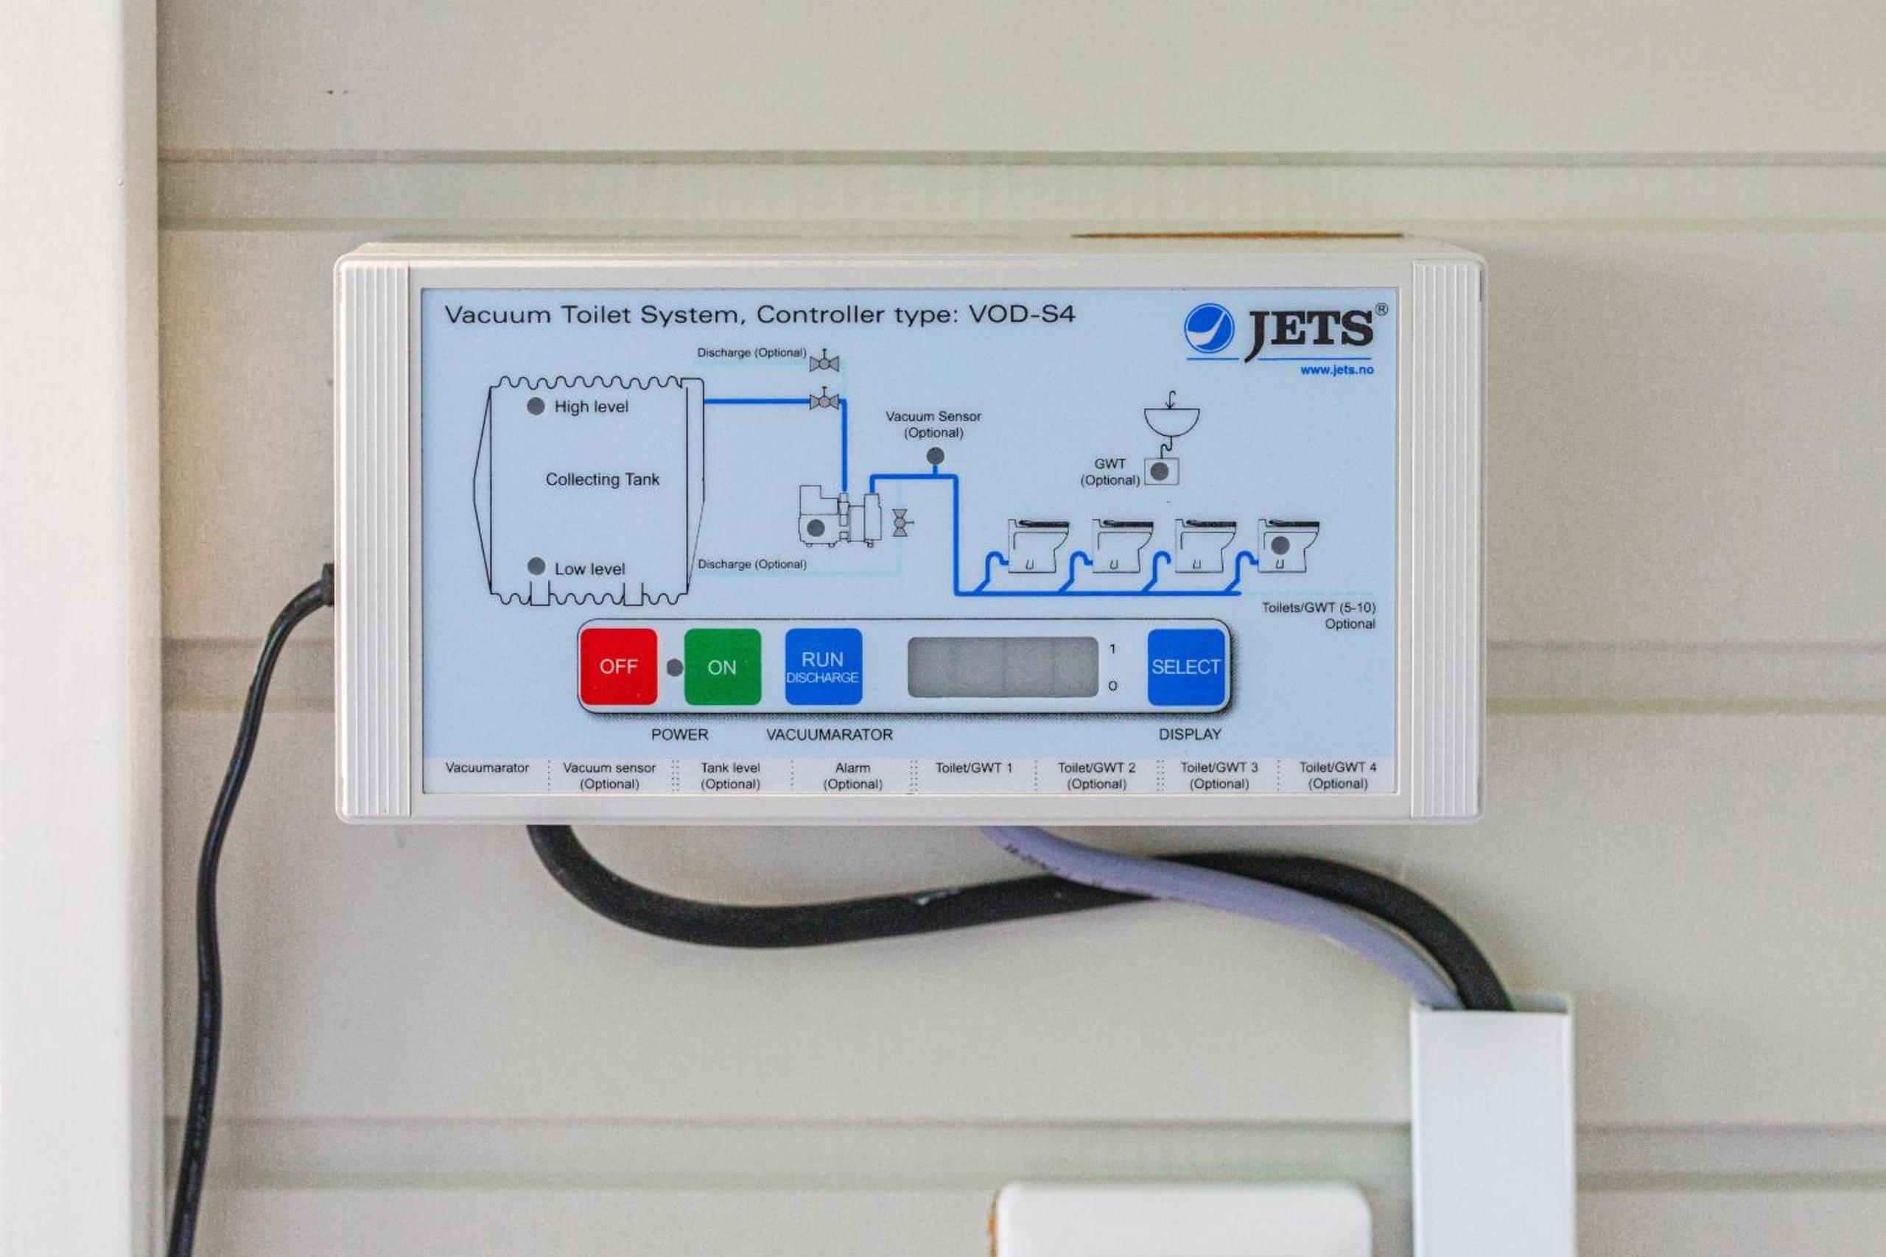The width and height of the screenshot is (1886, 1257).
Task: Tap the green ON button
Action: point(722,667)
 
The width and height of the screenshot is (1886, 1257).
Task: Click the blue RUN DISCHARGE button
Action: point(824,667)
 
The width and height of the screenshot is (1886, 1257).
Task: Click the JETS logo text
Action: point(1309,331)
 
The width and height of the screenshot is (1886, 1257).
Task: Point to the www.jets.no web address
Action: point(1336,370)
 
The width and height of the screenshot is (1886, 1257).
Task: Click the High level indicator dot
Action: point(536,406)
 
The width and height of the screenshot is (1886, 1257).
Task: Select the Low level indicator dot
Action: point(536,567)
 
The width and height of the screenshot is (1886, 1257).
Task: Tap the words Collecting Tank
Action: point(602,479)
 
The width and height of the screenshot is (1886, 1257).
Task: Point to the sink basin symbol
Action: point(1171,419)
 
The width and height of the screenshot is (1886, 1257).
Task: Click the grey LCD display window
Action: point(1003,667)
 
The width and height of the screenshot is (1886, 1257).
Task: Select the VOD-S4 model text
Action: point(1022,314)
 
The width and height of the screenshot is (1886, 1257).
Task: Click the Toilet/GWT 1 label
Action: point(973,768)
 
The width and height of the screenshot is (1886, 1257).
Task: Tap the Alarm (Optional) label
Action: point(852,776)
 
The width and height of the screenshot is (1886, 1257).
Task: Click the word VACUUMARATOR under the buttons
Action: point(829,734)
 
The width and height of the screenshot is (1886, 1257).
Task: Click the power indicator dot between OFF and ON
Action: point(675,667)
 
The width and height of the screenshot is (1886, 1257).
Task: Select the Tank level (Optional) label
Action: point(731,776)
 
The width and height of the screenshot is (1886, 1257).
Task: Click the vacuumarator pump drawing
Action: point(840,516)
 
